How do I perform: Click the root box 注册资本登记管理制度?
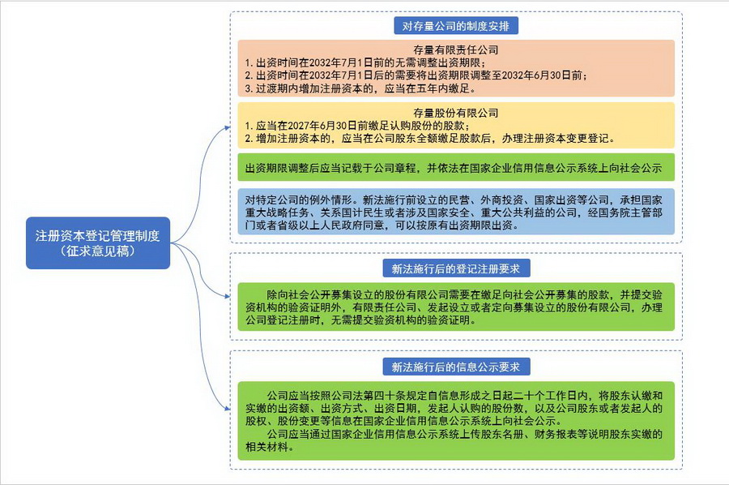pyautogui.click(x=98, y=243)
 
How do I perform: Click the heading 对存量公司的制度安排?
pyautogui.click(x=455, y=26)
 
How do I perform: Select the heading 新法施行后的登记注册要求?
pyautogui.click(x=455, y=268)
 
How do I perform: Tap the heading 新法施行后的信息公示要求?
pyautogui.click(x=455, y=367)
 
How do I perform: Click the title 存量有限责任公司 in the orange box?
pyautogui.click(x=455, y=49)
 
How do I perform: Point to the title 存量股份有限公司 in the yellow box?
pyautogui.click(x=455, y=113)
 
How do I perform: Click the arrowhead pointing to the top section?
pyautogui.click(x=228, y=127)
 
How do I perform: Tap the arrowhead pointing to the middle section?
pyautogui.click(x=228, y=295)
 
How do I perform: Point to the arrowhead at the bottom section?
pyautogui.click(x=228, y=409)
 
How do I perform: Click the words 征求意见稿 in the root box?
pyautogui.click(x=98, y=251)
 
